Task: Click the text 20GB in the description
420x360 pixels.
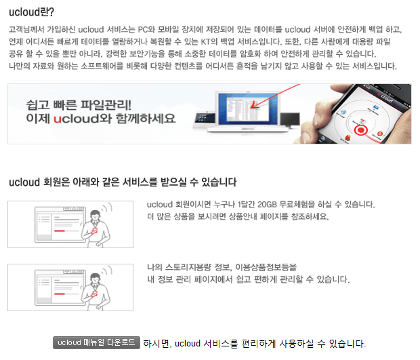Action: click(x=267, y=204)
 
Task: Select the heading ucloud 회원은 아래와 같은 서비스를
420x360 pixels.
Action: click(x=123, y=182)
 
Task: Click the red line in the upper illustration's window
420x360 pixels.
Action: click(x=62, y=232)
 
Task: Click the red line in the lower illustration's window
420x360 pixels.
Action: click(x=62, y=295)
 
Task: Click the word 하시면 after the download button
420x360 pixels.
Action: click(x=156, y=343)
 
